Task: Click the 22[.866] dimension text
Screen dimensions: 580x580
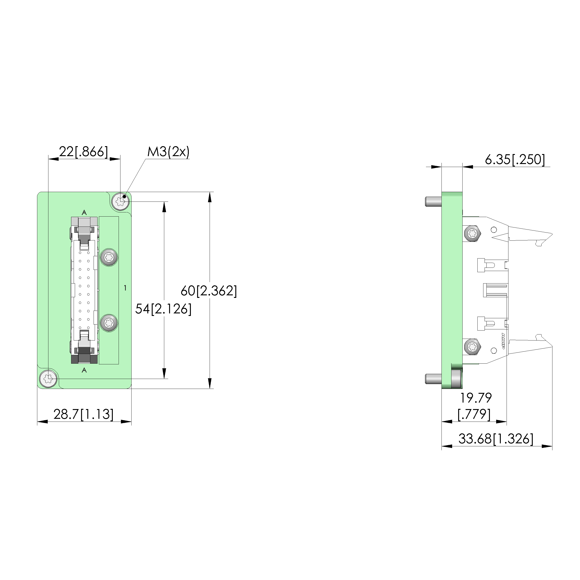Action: point(83,152)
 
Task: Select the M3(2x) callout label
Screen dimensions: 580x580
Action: point(168,152)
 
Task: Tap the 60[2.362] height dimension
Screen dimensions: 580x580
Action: point(209,291)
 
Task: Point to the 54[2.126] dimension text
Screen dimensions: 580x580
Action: point(163,309)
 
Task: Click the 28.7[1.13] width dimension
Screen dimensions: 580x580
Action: point(83,414)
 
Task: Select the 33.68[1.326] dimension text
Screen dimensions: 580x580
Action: point(496,439)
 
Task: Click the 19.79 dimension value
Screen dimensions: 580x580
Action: point(476,398)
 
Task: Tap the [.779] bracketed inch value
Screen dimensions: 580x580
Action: point(474,414)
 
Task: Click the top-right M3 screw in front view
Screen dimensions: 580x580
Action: point(120,201)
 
